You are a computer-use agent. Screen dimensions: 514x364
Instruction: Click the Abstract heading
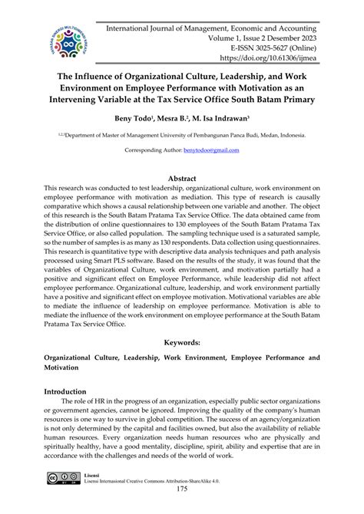tap(181, 177)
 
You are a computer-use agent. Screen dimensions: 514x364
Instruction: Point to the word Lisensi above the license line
tap(91, 475)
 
